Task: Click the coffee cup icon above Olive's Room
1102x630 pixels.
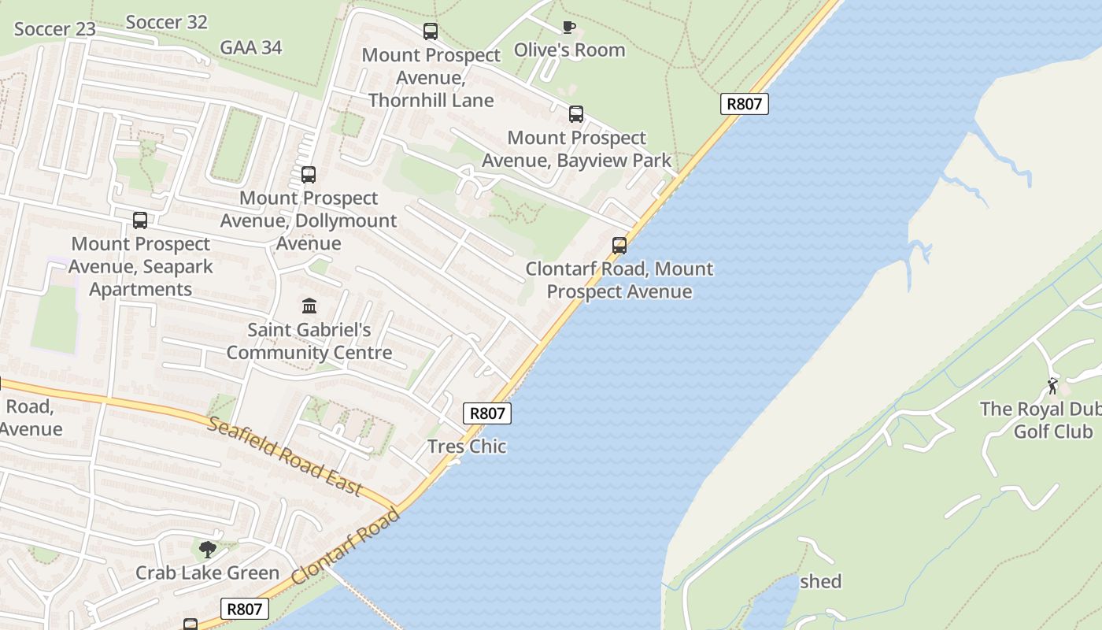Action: pyautogui.click(x=568, y=28)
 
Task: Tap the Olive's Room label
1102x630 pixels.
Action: pyautogui.click(x=569, y=50)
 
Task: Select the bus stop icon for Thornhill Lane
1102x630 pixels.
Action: pyautogui.click(x=430, y=31)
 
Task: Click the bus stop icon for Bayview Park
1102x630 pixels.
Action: pyautogui.click(x=576, y=114)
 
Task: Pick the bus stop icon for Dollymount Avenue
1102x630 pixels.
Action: pyautogui.click(x=308, y=175)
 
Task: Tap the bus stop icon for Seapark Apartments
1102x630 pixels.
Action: pyautogui.click(x=140, y=220)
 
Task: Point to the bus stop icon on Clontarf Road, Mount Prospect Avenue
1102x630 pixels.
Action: pyautogui.click(x=619, y=246)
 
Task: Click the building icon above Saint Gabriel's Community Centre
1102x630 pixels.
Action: pyautogui.click(x=309, y=306)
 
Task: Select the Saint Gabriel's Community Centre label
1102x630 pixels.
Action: pyautogui.click(x=309, y=341)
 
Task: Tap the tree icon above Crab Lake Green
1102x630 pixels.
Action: pyautogui.click(x=208, y=549)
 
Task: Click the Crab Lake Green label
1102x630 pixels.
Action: pyautogui.click(x=207, y=573)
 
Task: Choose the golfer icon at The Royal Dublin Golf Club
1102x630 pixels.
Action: pyautogui.click(x=1053, y=386)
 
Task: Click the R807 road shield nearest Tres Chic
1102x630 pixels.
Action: pyautogui.click(x=487, y=413)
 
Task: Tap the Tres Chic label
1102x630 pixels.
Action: pyautogui.click(x=467, y=447)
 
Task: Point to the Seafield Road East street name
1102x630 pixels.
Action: pyautogui.click(x=286, y=457)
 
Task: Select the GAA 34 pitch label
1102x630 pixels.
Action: pyautogui.click(x=250, y=47)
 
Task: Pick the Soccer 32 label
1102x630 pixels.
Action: pyautogui.click(x=166, y=22)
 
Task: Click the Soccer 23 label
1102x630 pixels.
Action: pyautogui.click(x=55, y=29)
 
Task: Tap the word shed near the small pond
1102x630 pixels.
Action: pyautogui.click(x=820, y=581)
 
